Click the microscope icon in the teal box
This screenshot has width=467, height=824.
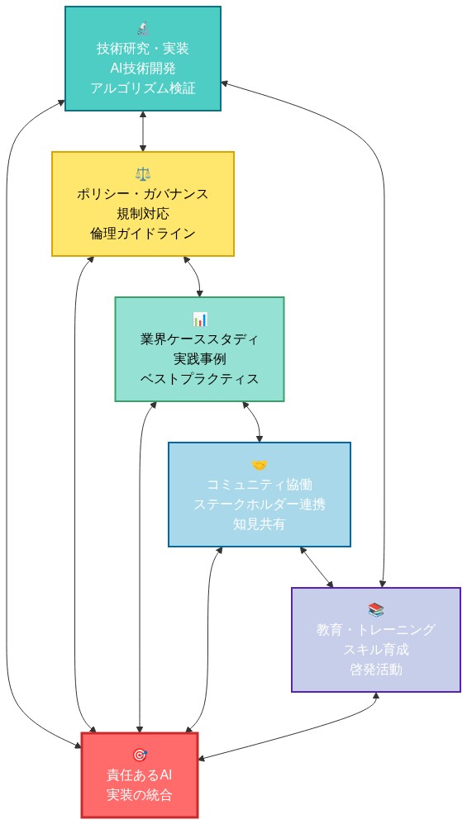[143, 28]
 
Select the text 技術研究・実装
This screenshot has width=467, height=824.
[143, 48]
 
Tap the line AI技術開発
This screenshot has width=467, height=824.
[143, 68]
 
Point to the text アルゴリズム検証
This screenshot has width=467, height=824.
[143, 88]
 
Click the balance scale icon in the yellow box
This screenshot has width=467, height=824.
[143, 173]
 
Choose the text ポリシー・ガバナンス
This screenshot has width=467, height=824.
[143, 193]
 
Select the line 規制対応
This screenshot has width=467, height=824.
[143, 213]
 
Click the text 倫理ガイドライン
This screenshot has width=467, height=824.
[143, 233]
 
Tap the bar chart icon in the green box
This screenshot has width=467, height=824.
[199, 319]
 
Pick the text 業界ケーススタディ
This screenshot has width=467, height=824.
[199, 339]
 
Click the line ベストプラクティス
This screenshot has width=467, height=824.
[199, 378]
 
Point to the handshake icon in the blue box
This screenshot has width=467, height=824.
[260, 464]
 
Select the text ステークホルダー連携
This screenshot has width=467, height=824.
[260, 504]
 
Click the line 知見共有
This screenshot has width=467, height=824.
[260, 523]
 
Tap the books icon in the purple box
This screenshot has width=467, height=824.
[376, 609]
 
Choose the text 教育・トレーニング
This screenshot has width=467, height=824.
[376, 629]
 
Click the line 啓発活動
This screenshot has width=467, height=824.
[376, 669]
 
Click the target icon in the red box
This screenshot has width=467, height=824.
[140, 755]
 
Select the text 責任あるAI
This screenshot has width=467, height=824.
[140, 774]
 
